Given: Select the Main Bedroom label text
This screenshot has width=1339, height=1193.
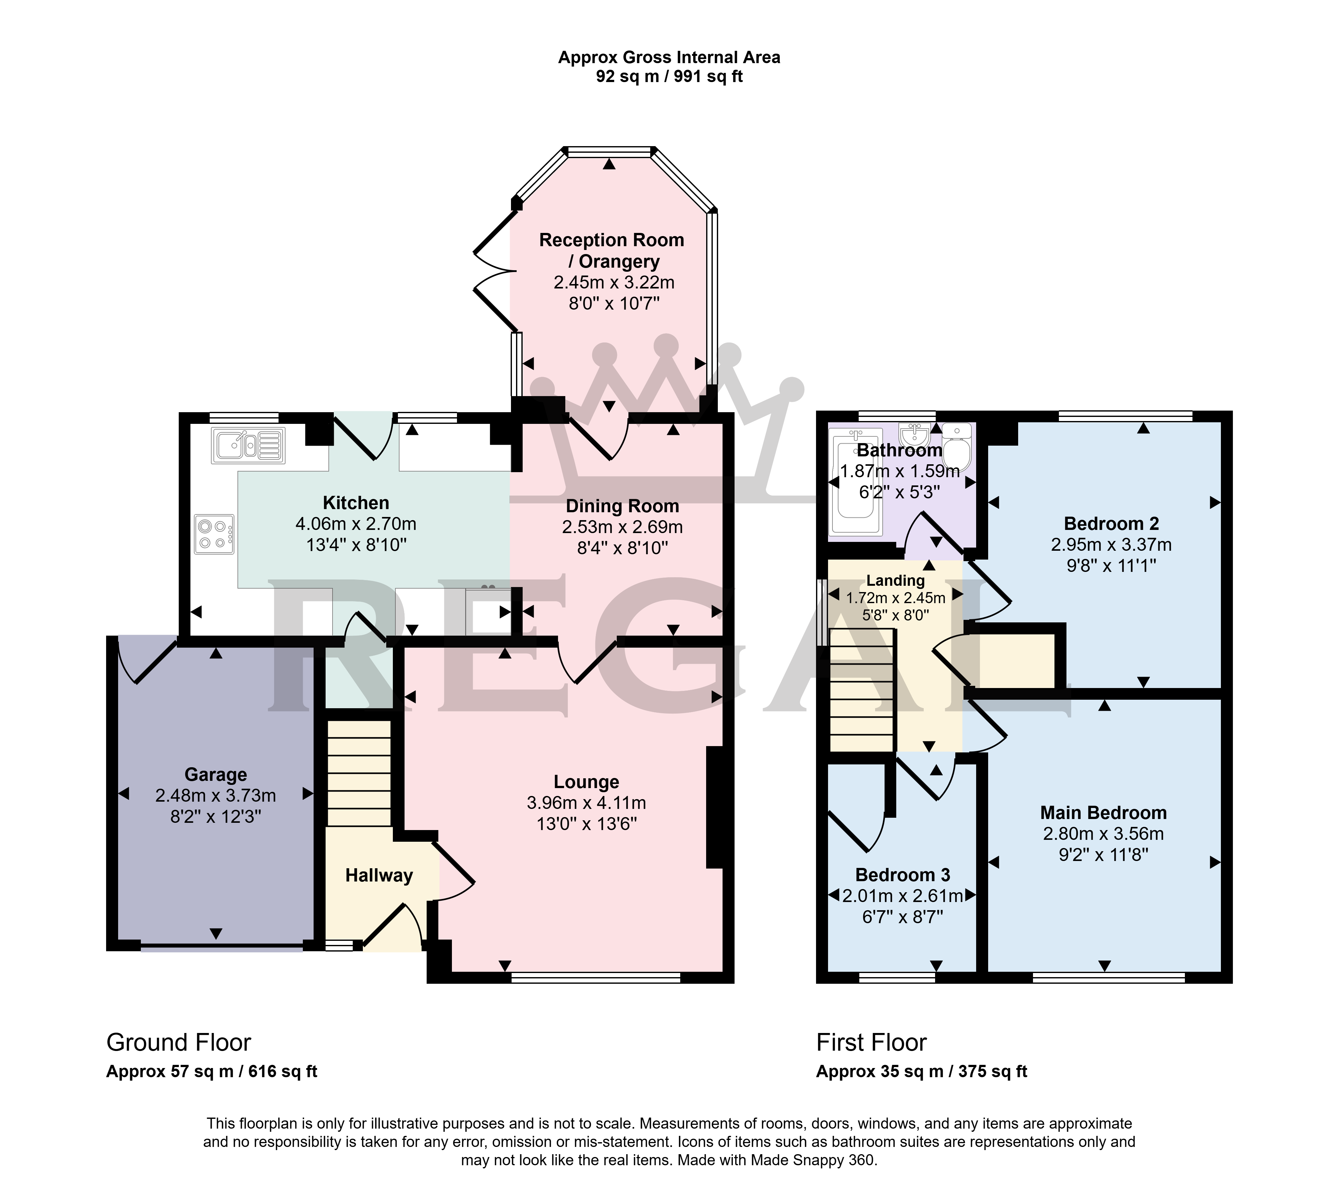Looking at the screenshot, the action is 1104,813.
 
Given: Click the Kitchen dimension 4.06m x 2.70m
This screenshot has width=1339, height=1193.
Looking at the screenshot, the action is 356,524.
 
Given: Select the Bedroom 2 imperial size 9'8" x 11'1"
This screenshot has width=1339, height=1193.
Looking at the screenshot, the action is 1111,565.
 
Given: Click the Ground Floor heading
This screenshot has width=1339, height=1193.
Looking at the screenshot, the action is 178,1042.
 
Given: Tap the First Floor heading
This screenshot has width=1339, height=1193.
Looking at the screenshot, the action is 872,1042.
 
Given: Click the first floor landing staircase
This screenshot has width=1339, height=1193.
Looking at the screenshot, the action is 862,690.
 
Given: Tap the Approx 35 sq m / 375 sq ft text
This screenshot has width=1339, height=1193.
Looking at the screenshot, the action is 921,1072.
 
